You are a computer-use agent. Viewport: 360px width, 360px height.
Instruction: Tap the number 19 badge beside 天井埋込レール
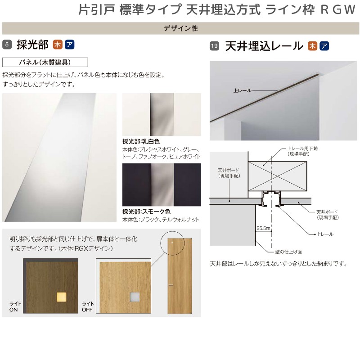tap(214, 45)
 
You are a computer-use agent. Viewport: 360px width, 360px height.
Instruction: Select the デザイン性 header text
tap(180, 28)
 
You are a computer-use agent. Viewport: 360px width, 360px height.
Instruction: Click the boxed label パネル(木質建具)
tap(45, 62)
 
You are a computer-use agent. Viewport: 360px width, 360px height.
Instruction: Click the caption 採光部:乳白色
tap(141, 141)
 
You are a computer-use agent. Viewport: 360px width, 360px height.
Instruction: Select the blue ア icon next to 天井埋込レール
tap(324, 45)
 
